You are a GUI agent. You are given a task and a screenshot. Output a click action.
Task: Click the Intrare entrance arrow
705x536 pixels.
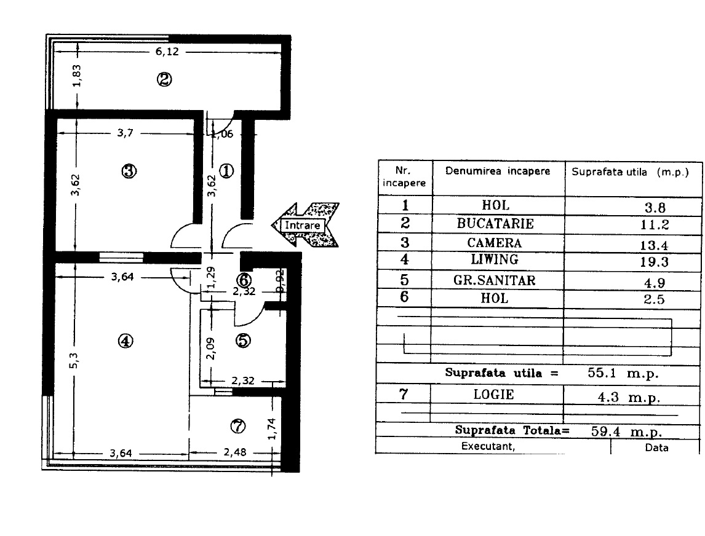(x=305, y=224)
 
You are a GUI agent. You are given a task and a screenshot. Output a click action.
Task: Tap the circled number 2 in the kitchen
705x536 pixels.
(x=164, y=79)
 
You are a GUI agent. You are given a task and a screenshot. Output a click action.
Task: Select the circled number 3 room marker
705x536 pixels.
(x=129, y=171)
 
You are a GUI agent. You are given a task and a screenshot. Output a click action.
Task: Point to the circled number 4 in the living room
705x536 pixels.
(x=125, y=341)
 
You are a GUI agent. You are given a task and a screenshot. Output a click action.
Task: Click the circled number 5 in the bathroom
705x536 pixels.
(x=243, y=340)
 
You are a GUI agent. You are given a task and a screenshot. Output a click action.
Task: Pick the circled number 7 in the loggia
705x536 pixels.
(x=238, y=425)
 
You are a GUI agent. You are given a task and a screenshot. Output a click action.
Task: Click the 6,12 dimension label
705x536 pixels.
(x=167, y=52)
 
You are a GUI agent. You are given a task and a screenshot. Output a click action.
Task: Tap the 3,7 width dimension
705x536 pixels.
(x=125, y=133)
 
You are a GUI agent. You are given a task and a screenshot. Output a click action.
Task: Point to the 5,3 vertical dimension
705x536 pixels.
(x=74, y=361)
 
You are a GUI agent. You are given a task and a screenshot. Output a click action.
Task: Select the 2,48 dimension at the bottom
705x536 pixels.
(x=235, y=452)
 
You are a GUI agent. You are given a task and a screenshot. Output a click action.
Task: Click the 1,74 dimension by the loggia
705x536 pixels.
(x=271, y=429)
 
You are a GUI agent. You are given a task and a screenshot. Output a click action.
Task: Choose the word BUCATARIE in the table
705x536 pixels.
(x=495, y=224)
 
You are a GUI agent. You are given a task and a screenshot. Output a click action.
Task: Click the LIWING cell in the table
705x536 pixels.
(x=495, y=259)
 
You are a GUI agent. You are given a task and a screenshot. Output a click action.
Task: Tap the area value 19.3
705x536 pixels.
(x=655, y=262)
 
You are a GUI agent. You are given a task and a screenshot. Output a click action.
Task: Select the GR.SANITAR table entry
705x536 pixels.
(x=495, y=280)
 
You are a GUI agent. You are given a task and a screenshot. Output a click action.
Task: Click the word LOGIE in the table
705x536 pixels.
(x=493, y=395)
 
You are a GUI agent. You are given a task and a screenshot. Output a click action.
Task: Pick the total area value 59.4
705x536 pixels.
(x=605, y=432)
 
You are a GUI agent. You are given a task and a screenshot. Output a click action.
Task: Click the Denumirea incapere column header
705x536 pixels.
(x=498, y=171)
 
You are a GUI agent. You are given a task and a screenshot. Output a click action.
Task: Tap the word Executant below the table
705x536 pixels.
(x=488, y=446)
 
